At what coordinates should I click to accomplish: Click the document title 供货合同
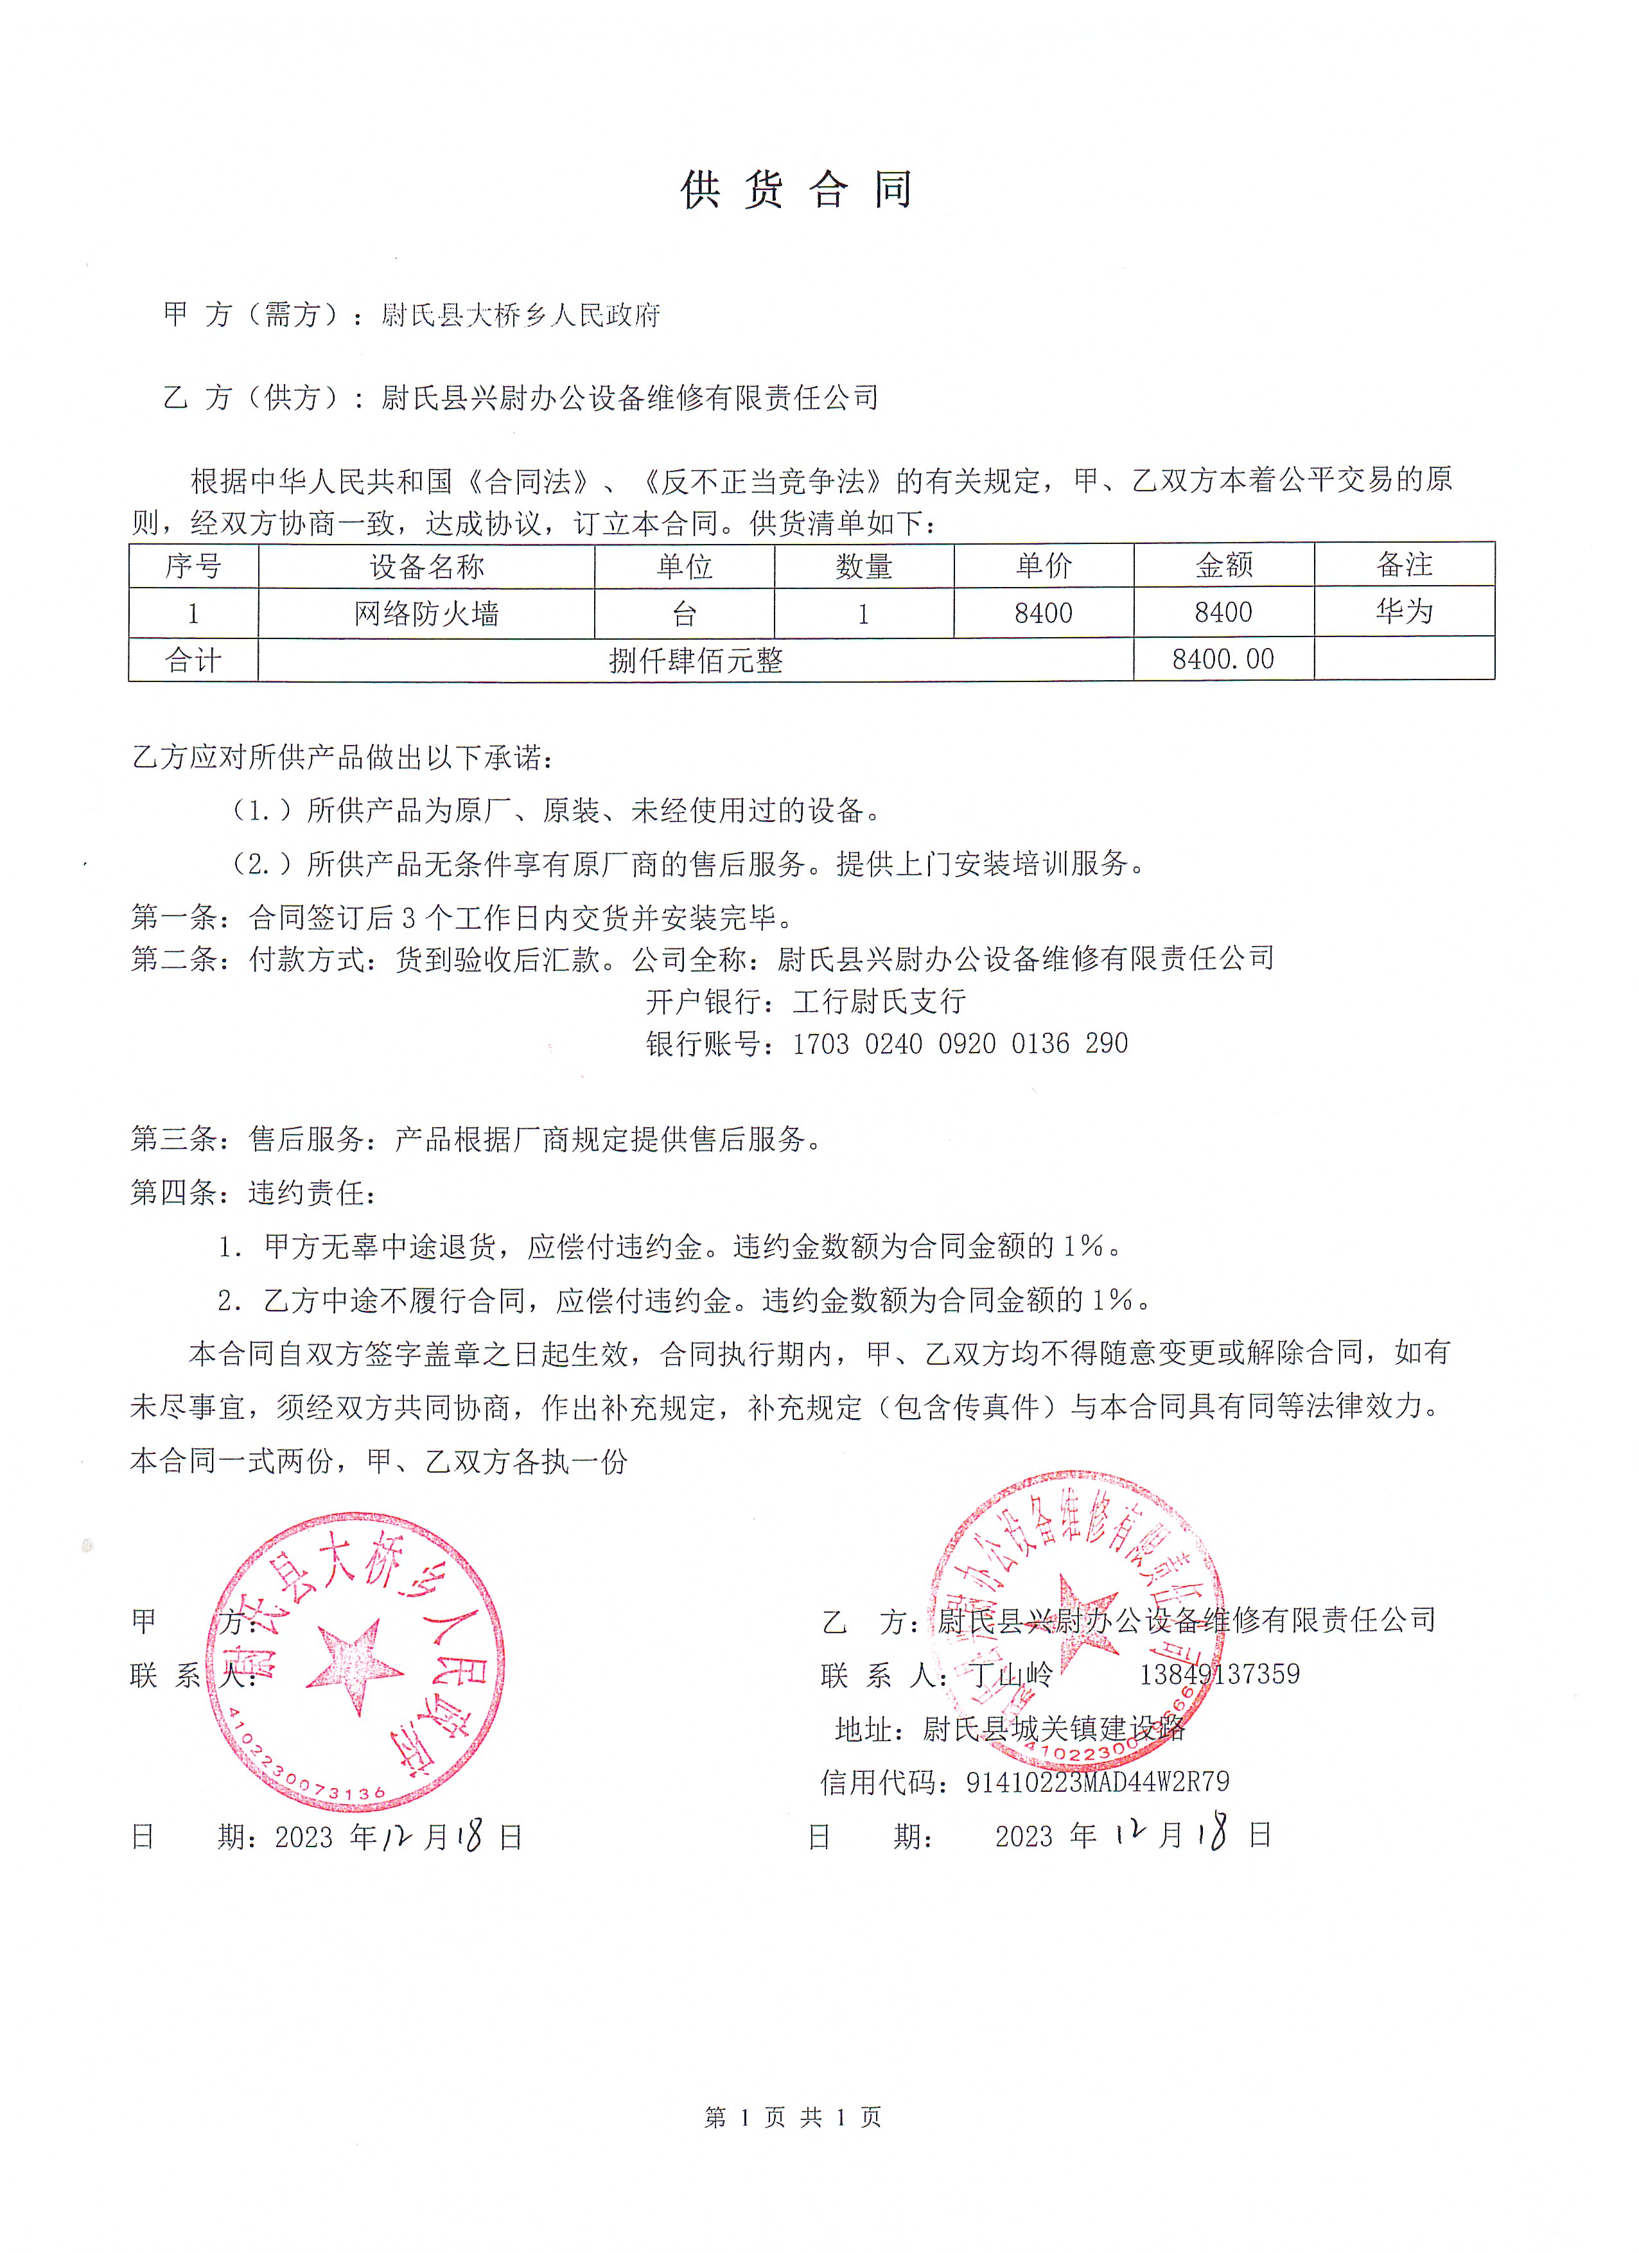click(x=796, y=189)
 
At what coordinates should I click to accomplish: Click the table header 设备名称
click(x=426, y=566)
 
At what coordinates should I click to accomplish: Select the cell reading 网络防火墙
click(x=426, y=614)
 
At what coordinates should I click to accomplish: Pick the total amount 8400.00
click(x=1223, y=660)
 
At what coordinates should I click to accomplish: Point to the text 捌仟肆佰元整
click(x=696, y=661)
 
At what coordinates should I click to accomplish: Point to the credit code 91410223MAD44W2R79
click(x=1098, y=1782)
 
